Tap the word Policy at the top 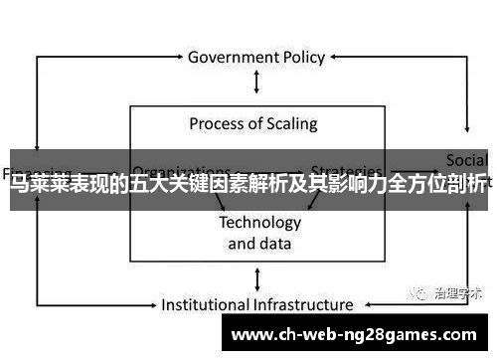click(305, 57)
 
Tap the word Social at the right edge click(466, 160)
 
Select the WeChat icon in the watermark click(410, 292)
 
